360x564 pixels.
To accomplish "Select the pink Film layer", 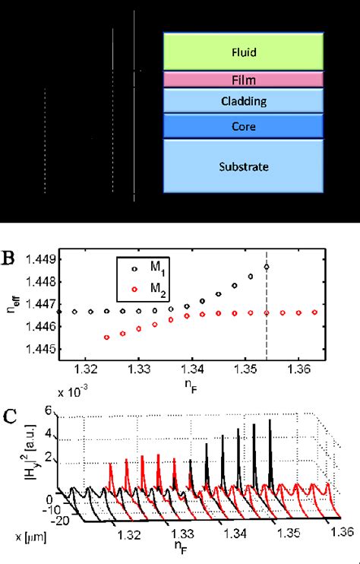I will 244,79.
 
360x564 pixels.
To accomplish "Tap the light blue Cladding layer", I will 244,100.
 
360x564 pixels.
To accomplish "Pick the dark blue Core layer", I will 244,126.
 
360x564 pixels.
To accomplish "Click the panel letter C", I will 11,416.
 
